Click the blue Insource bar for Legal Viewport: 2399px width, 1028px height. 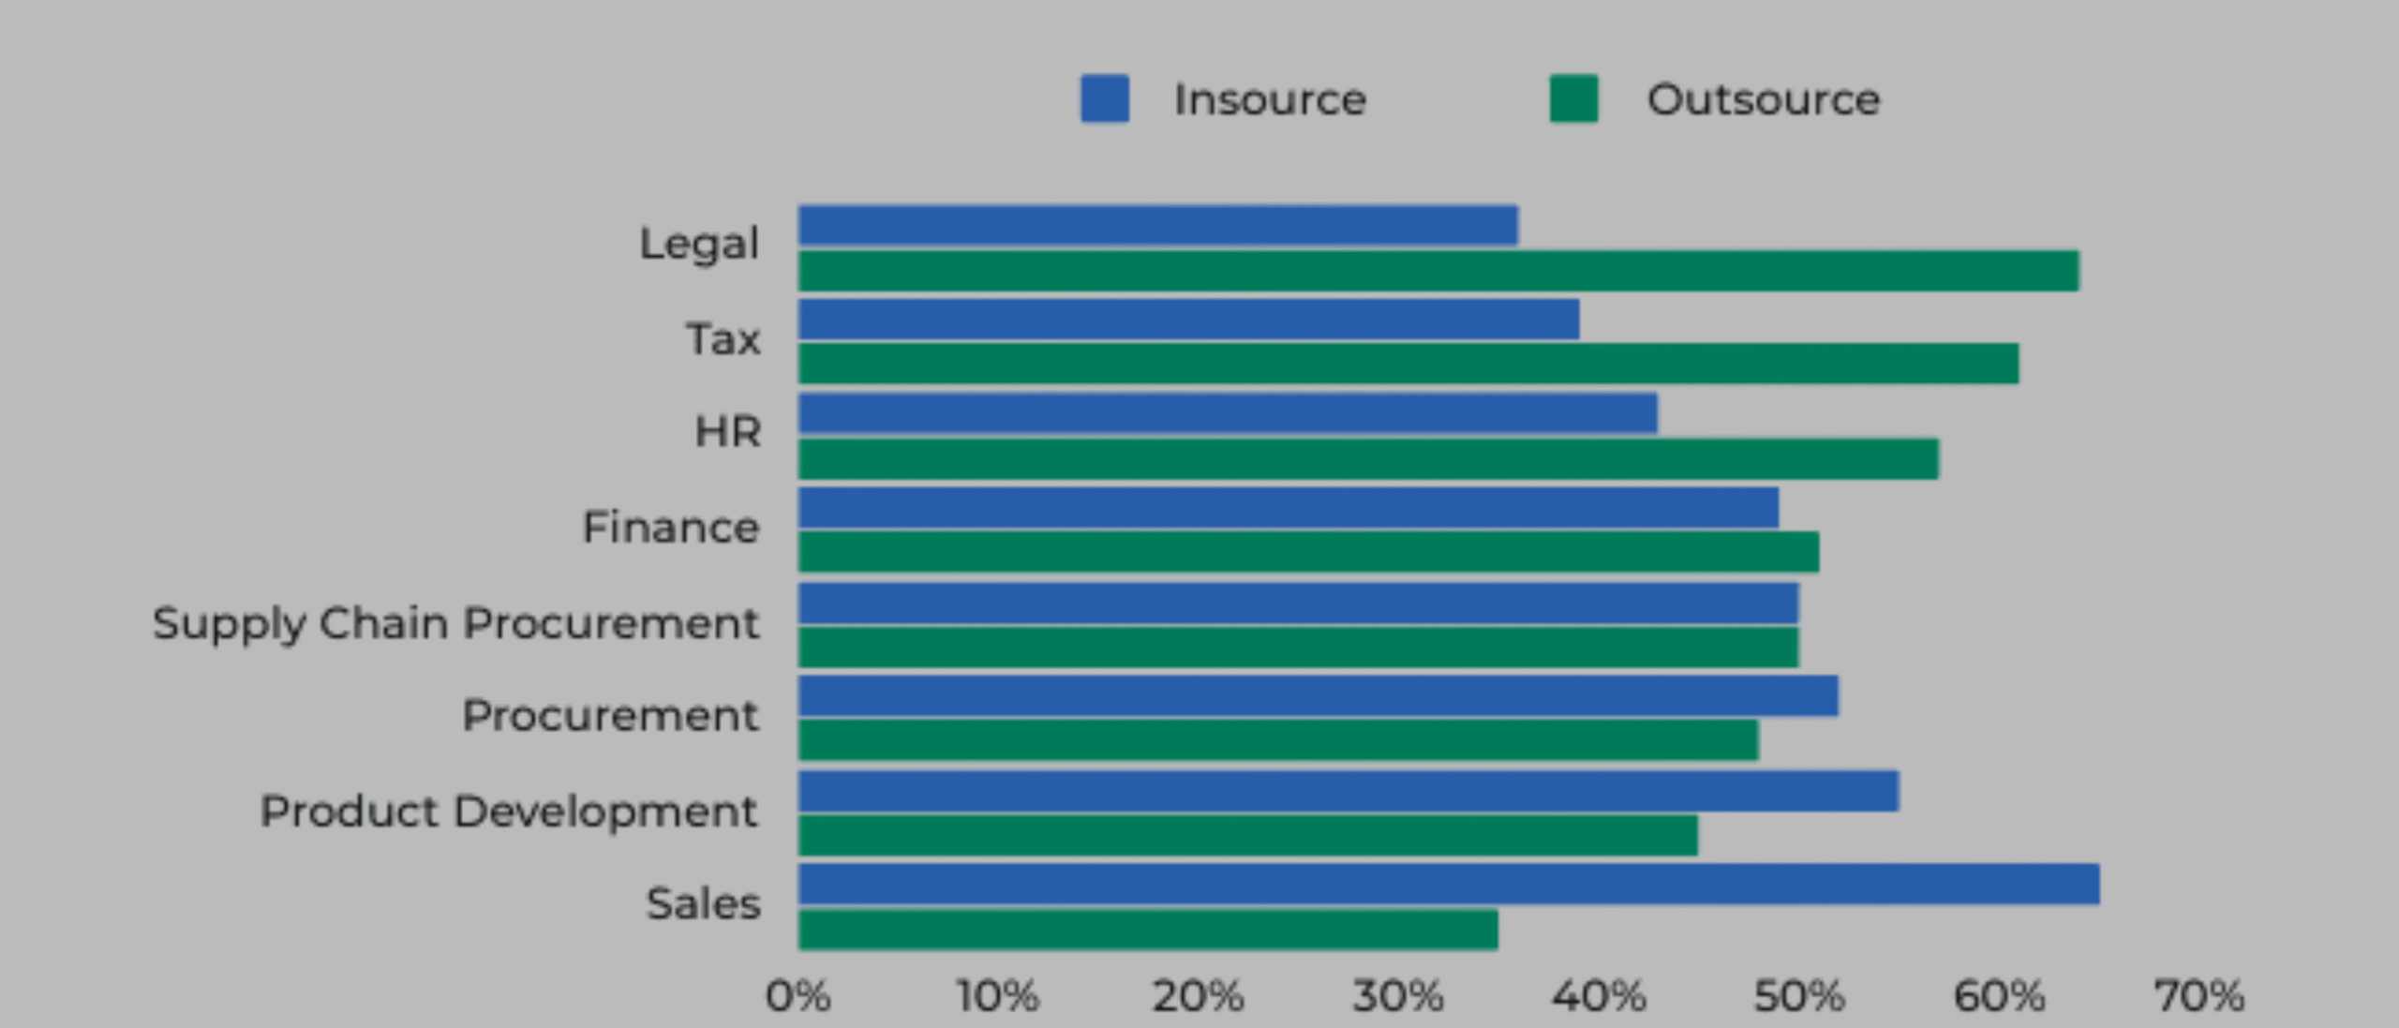coord(1157,226)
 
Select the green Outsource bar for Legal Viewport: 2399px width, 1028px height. coord(1438,271)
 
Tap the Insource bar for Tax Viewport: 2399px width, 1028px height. coord(1188,320)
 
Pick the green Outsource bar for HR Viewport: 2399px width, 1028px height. coord(1368,459)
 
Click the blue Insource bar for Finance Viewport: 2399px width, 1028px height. coord(1289,508)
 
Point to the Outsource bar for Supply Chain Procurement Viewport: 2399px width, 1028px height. coord(1298,648)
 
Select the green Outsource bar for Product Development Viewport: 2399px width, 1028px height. coord(1247,835)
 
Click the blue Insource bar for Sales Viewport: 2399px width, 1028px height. coord(1449,885)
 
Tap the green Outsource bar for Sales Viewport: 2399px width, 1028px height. coord(1148,930)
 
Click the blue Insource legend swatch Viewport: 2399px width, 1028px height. coord(1105,99)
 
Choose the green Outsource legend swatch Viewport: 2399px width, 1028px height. coord(1573,99)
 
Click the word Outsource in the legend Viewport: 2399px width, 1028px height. coord(1763,99)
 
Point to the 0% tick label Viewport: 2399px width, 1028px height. coord(797,996)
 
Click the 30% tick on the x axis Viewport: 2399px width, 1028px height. coord(1398,996)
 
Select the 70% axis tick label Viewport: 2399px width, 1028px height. coord(2198,996)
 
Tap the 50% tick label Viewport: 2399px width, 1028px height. coord(1799,996)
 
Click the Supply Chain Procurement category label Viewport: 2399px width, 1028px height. coord(455,624)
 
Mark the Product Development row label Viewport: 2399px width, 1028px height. coord(509,812)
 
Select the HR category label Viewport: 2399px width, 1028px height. coord(727,432)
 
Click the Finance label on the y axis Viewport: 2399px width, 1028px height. coord(670,528)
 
